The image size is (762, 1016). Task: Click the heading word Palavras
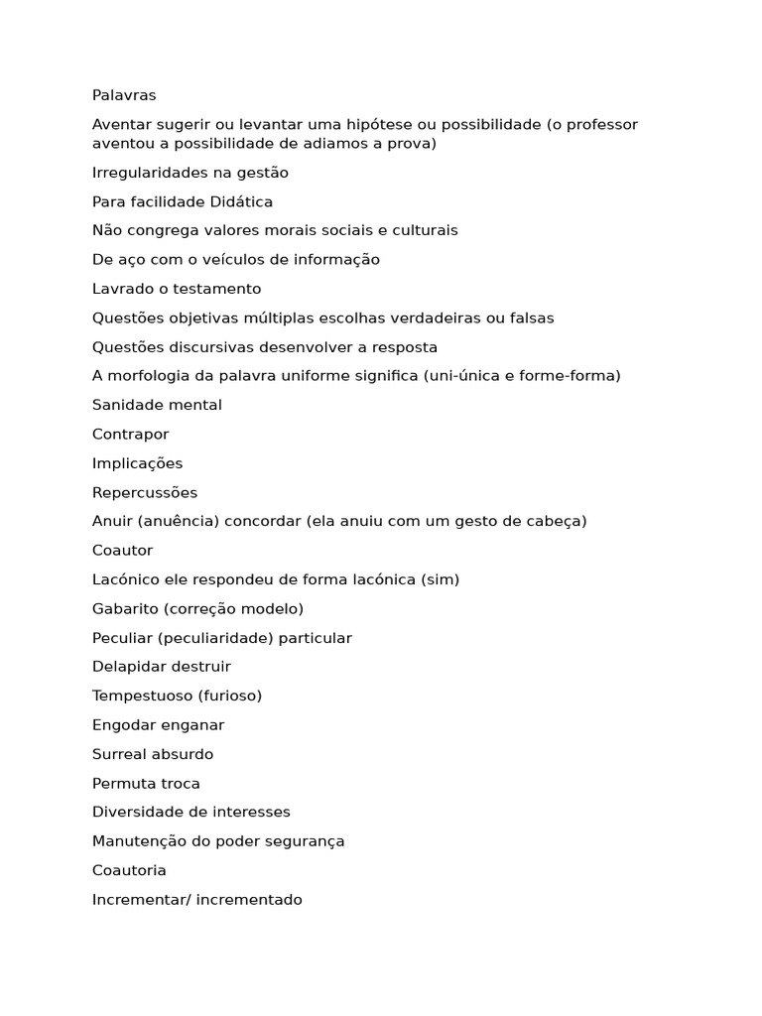[124, 95]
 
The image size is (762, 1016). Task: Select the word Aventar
[122, 124]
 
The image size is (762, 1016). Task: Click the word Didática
[241, 201]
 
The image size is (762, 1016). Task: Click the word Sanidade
[127, 405]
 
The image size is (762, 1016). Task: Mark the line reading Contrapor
[131, 435]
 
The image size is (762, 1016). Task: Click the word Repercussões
[145, 492]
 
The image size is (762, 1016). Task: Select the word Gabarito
[125, 608]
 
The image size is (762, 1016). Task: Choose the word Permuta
[123, 783]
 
